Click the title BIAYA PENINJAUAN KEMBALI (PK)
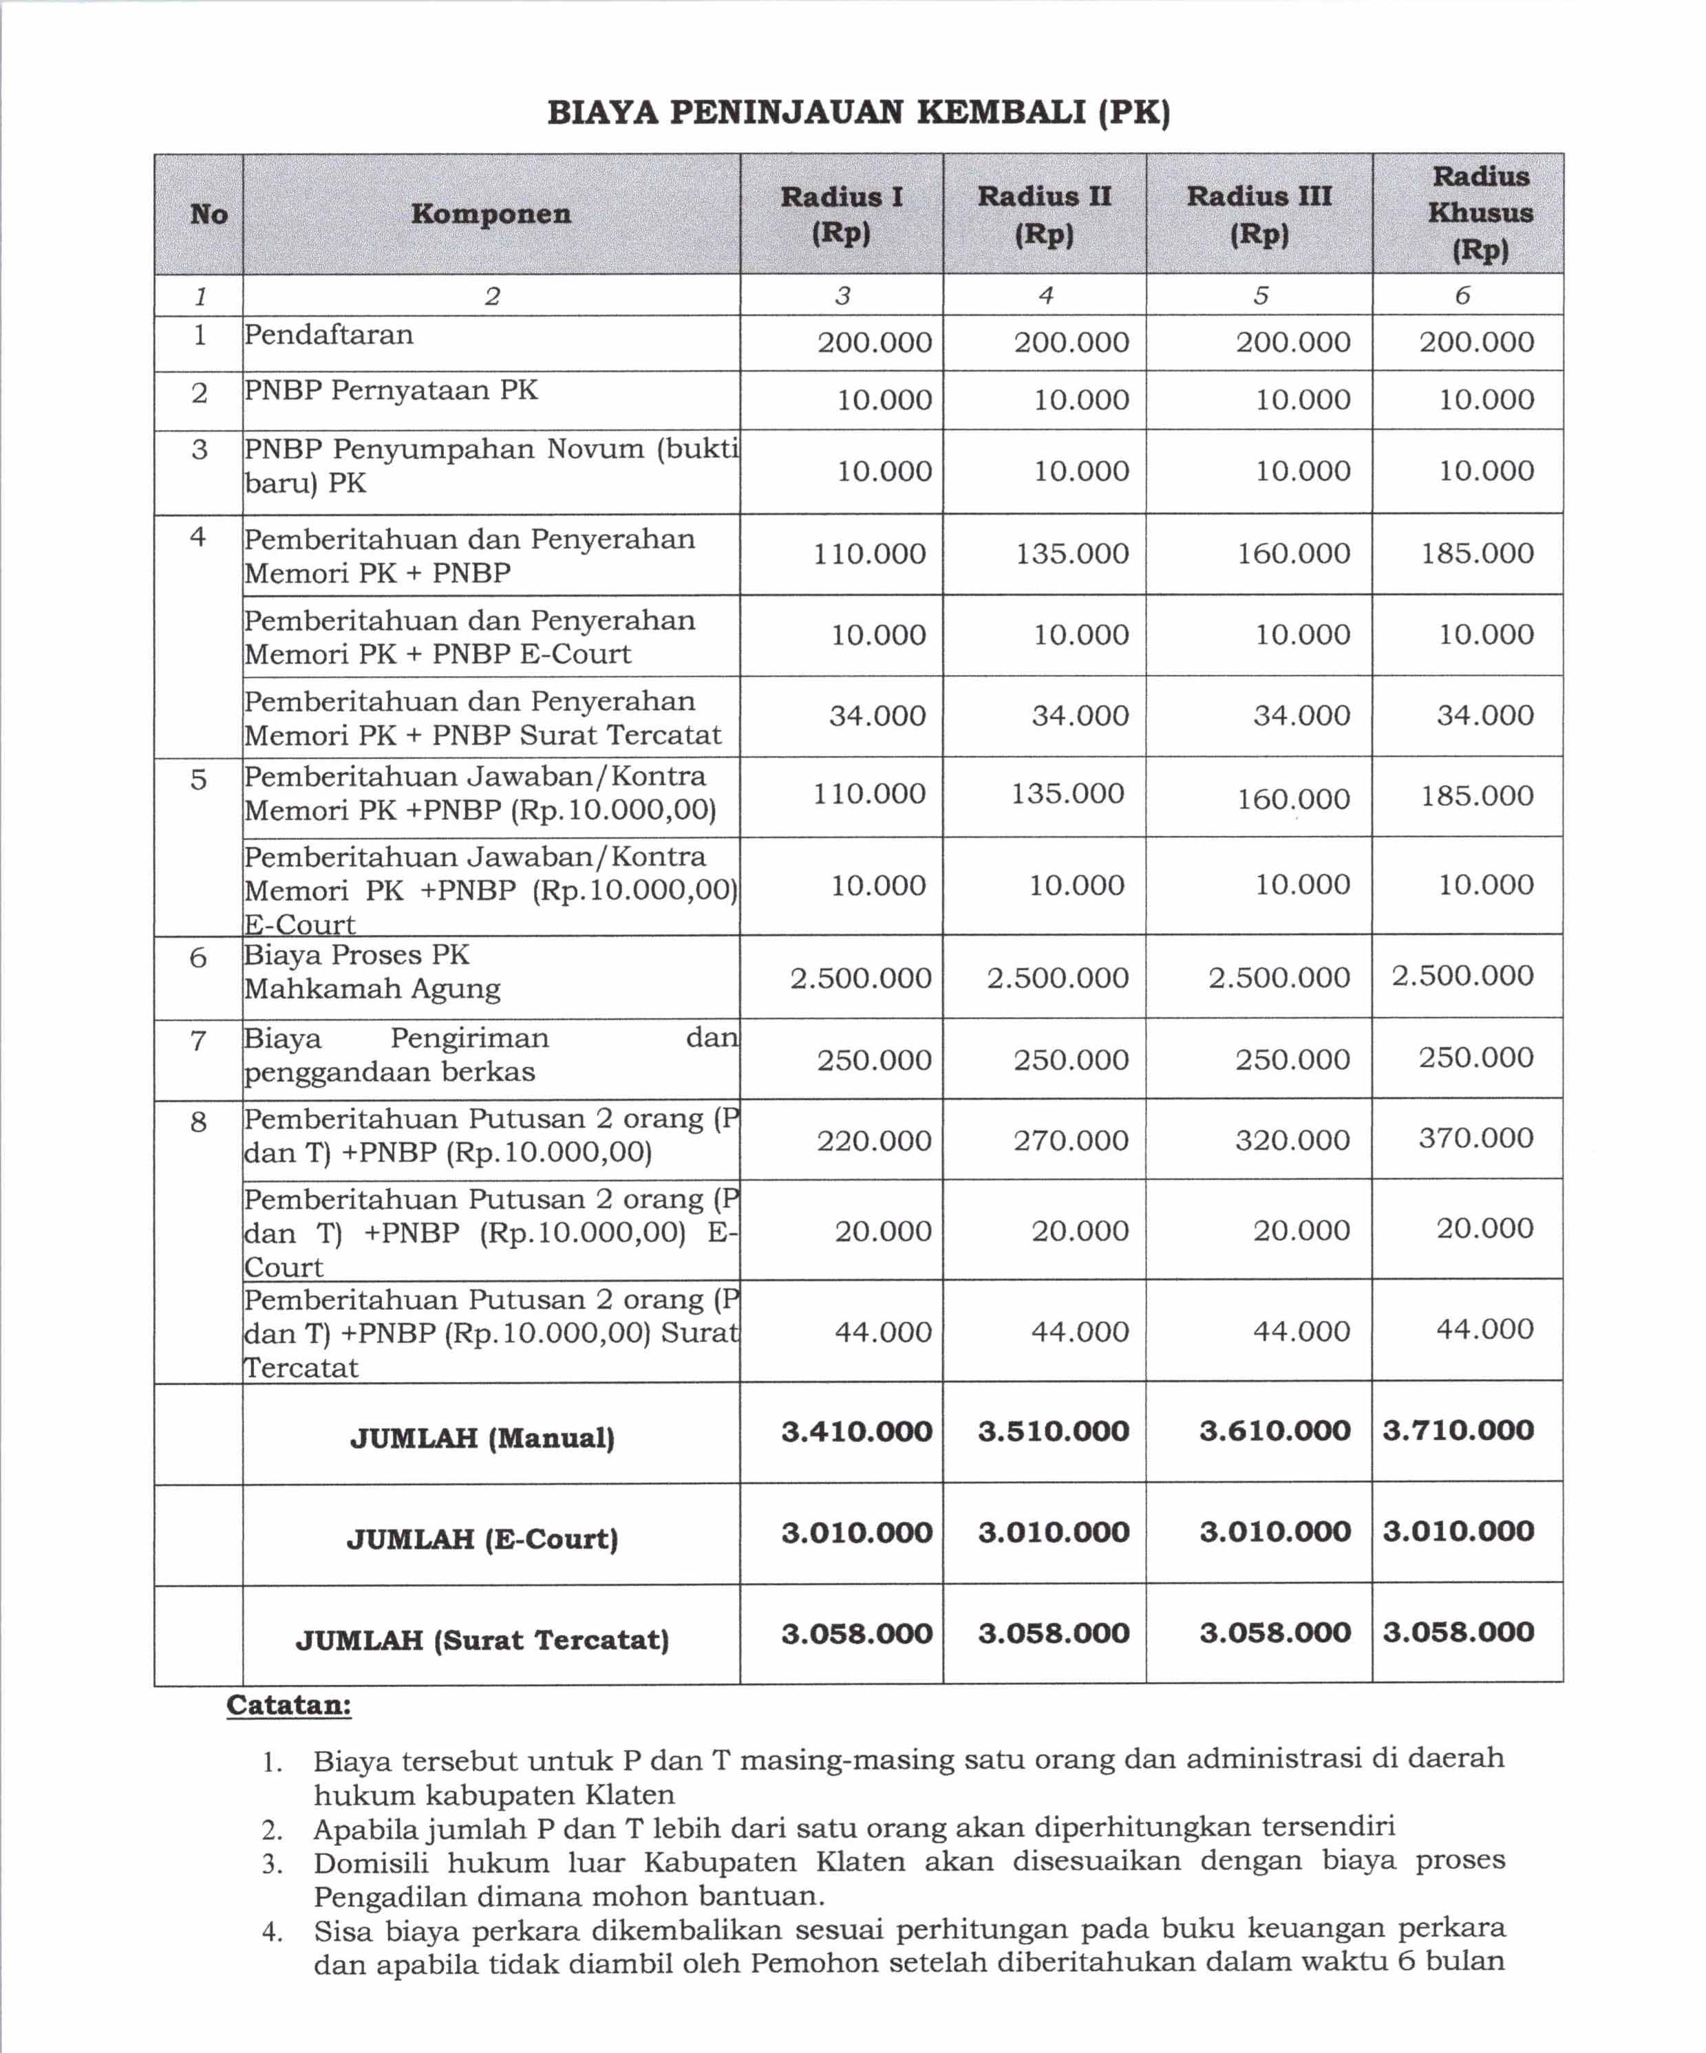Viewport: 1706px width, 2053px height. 857,114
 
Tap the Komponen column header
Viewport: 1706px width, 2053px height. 491,214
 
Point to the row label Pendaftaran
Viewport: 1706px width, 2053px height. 328,335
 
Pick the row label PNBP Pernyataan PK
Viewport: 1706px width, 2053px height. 391,391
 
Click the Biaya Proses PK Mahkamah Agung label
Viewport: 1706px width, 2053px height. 372,971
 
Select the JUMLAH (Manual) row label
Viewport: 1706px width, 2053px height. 482,1438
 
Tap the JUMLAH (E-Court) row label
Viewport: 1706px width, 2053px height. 482,1539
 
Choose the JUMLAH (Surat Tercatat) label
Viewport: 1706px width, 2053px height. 482,1640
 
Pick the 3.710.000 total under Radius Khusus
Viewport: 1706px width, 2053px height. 1458,1430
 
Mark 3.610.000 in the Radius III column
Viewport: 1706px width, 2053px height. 1275,1431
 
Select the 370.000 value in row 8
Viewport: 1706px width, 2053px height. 1475,1138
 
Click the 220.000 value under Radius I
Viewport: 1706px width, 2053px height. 874,1141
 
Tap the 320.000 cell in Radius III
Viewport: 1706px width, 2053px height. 1292,1140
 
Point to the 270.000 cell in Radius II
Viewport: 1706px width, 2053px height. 1071,1141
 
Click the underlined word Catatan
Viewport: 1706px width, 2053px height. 288,1705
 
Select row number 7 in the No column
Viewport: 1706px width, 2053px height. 198,1040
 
